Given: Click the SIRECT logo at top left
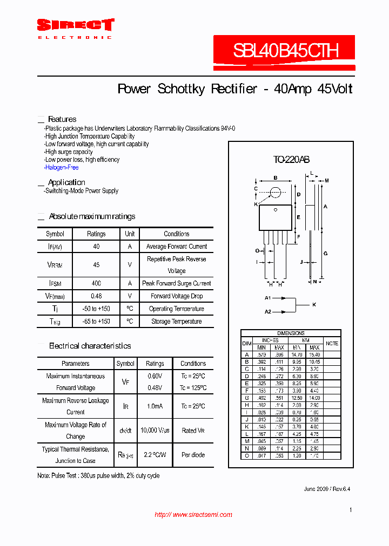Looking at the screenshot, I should tap(75, 25).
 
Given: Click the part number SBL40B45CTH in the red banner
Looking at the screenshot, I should tap(286, 51).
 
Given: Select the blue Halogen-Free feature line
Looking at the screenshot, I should tap(62, 167).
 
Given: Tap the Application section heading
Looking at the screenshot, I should tap(66, 182).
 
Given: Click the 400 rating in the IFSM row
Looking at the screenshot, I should tap(96, 283).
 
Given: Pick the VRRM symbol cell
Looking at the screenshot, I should tap(55, 265).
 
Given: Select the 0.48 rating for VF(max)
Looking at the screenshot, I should tap(96, 296).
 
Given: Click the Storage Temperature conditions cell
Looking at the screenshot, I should tap(176, 322).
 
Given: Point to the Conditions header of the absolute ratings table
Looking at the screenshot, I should tap(176, 234).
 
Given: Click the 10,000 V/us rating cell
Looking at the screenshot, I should tap(155, 431).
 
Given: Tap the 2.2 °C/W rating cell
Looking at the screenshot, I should tap(155, 455).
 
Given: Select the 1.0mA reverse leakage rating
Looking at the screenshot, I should tap(155, 406).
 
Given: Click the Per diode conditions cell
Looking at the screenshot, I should tap(193, 455).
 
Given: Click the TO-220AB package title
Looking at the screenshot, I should tap(291, 160).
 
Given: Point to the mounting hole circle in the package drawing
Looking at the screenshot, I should tap(276, 192).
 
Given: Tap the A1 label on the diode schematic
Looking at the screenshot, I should tap(267, 298).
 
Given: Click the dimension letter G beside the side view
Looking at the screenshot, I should tap(325, 253).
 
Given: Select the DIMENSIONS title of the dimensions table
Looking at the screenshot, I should tap(291, 333).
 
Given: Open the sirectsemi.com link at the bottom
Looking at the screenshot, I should tap(193, 515).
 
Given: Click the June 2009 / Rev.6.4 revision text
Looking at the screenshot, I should tap(327, 489).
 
